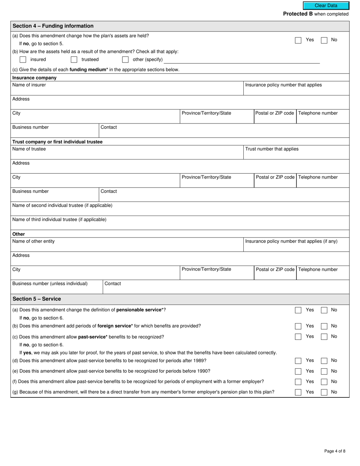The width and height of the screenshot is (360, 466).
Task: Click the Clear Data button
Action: click(x=326, y=6)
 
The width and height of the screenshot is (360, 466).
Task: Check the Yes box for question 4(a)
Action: click(x=298, y=40)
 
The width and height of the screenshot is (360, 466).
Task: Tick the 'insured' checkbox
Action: click(x=23, y=59)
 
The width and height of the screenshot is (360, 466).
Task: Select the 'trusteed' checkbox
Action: click(x=74, y=59)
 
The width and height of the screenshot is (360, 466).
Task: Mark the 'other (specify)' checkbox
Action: click(x=125, y=59)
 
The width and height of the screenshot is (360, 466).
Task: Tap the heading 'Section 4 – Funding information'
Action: click(x=53, y=26)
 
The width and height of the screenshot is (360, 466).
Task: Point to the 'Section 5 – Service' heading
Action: click(x=37, y=299)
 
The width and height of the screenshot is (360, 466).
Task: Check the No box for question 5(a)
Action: click(x=324, y=310)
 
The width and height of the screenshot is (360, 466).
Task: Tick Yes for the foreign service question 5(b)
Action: click(x=298, y=326)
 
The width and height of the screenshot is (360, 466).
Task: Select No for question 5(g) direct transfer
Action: click(x=324, y=393)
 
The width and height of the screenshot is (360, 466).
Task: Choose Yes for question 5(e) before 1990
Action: click(x=298, y=371)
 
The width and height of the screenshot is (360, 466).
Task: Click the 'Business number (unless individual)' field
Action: click(x=57, y=289)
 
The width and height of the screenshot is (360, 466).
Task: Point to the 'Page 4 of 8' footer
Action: click(x=335, y=451)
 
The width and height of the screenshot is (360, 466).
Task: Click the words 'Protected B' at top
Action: click(x=298, y=14)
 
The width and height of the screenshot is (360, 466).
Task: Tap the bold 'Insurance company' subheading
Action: click(x=34, y=78)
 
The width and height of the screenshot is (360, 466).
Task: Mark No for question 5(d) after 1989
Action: click(x=324, y=361)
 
